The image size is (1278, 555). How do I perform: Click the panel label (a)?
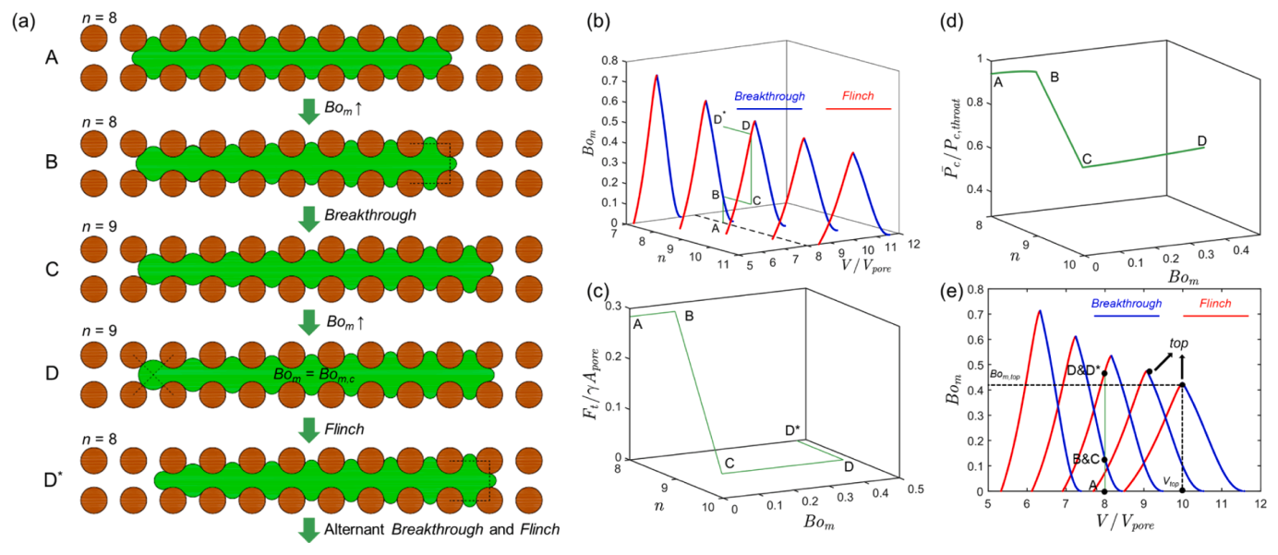[24, 21]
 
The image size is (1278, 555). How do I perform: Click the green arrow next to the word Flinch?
[309, 429]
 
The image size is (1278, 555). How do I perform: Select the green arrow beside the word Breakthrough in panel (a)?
[309, 219]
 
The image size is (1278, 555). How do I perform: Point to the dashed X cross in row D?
[153, 375]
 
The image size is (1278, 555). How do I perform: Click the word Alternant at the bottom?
[354, 529]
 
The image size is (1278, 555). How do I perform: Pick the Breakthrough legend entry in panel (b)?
[769, 96]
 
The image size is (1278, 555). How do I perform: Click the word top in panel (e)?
[1178, 344]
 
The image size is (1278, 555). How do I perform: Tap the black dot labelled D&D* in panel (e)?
[1104, 374]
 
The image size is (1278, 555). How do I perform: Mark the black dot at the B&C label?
[1104, 460]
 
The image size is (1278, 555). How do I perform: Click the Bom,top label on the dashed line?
[1005, 375]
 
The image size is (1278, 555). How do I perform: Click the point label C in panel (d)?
[1087, 159]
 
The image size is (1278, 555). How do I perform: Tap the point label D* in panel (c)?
[793, 430]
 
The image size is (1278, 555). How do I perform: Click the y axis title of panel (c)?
[590, 384]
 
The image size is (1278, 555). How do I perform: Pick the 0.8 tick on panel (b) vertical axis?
[609, 60]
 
